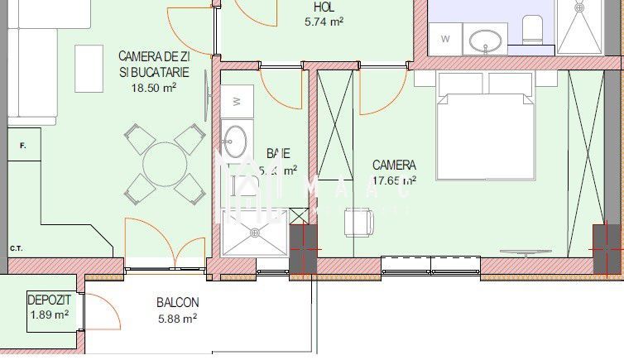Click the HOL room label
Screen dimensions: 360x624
323,7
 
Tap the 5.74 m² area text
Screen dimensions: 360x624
324,22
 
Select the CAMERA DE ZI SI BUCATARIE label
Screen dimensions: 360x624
154,65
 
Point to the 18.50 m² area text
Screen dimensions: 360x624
154,87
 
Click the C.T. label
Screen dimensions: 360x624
16,247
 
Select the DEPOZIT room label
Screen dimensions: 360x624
49,300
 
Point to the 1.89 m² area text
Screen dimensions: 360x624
49,314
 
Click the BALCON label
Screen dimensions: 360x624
177,303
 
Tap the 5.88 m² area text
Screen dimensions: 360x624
177,318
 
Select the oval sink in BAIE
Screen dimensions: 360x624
235,140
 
